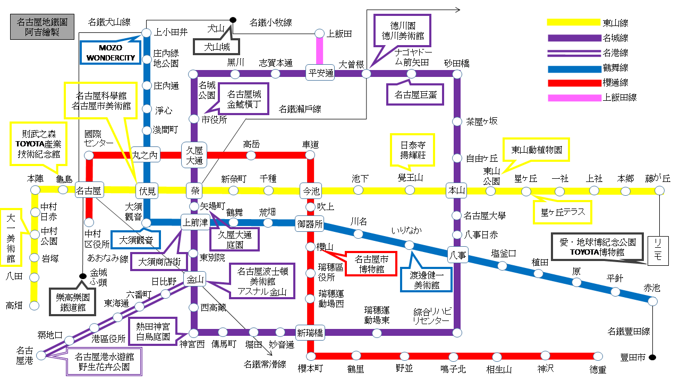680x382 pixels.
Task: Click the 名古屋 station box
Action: point(89,190)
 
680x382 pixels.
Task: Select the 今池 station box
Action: point(310,190)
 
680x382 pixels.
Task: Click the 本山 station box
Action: point(457,190)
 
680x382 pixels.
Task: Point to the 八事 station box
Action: point(457,255)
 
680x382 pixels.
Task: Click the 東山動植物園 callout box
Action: point(536,150)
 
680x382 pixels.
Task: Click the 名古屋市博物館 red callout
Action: point(371,264)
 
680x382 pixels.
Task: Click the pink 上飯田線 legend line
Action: point(573,98)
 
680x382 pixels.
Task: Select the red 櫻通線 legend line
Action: point(573,83)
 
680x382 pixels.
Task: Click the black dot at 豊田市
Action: point(653,357)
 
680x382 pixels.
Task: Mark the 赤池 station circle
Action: point(653,301)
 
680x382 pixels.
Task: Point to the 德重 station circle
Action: point(598,357)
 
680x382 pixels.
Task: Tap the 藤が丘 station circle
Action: point(659,190)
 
